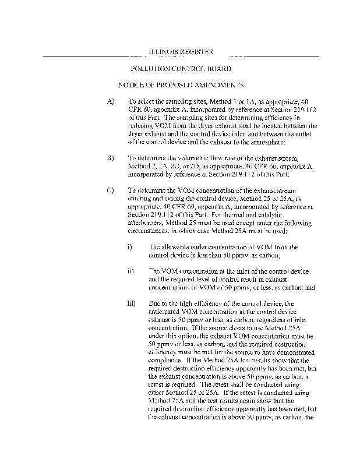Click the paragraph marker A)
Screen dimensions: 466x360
pos(111,101)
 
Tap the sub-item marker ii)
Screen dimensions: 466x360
pos(130,271)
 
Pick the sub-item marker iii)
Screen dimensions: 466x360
pos(131,303)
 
